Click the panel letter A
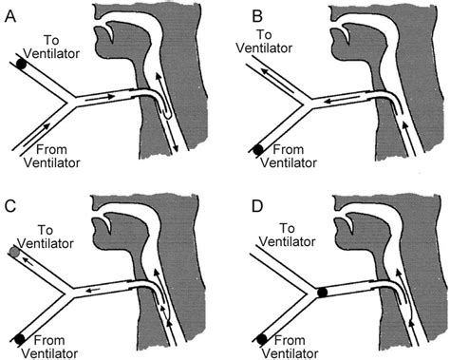click(11, 12)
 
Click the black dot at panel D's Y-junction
click(323, 293)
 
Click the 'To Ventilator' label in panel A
click(67, 46)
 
